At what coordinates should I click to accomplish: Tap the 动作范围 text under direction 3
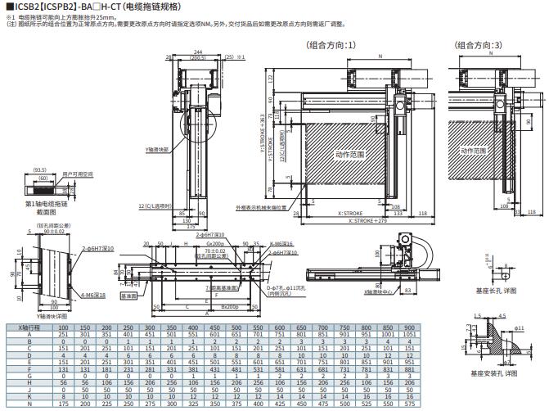tap(475, 151)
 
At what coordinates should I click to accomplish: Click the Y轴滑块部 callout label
tap(157, 151)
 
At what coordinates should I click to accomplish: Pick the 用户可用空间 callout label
tap(78, 175)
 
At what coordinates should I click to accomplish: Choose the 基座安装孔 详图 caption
tap(497, 373)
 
